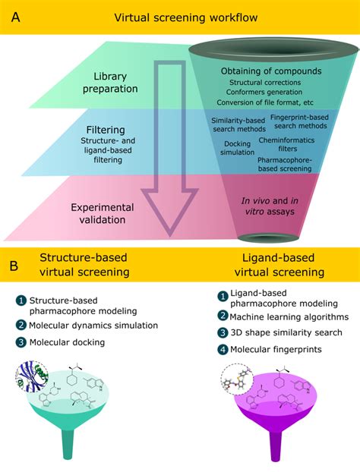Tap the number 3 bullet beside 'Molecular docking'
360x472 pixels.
coord(21,342)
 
